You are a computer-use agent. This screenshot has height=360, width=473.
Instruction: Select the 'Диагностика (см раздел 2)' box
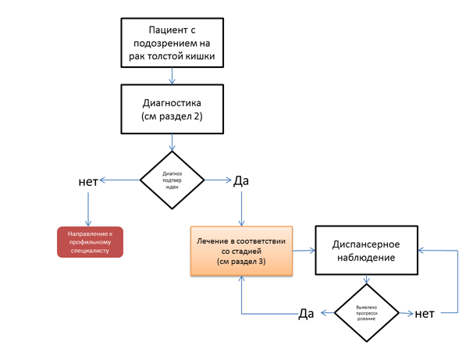tap(172, 109)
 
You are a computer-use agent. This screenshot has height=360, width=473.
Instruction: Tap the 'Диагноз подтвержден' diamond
tap(172, 180)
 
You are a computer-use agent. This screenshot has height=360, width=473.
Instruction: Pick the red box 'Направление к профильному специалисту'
tap(90, 242)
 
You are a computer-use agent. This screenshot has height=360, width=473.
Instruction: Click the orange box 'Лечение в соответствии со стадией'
tap(241, 251)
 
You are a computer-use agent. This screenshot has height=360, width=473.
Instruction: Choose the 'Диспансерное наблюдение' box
tap(366, 250)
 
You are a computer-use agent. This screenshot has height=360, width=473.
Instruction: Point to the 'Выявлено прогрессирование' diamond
tap(366, 312)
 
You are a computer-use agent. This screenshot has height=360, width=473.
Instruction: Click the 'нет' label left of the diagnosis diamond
tap(88, 181)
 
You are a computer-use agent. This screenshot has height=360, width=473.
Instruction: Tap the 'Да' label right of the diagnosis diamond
tap(242, 181)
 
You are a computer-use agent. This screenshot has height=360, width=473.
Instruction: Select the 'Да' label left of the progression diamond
tap(307, 313)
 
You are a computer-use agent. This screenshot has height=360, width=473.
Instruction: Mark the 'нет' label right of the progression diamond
tap(425, 313)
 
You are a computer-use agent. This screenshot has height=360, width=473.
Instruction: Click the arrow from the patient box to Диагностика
tap(172, 76)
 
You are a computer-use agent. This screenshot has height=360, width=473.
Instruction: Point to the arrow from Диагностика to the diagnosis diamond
tap(172, 142)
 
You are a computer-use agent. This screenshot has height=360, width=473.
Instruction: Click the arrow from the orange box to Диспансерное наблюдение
tap(304, 251)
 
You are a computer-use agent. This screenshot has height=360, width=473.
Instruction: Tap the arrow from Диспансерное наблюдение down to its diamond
tap(366, 280)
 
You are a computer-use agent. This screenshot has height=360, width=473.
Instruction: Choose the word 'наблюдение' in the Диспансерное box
tap(366, 257)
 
